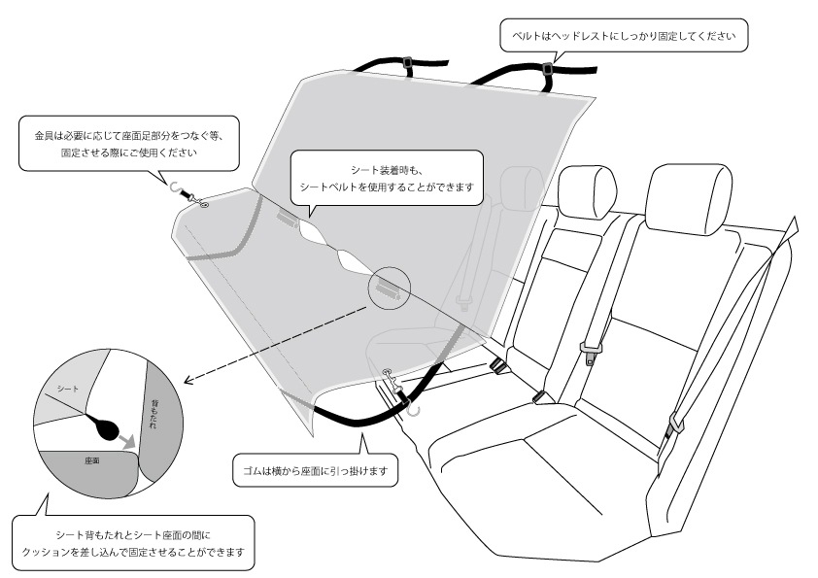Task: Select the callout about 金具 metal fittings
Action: (128, 144)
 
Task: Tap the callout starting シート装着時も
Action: (387, 176)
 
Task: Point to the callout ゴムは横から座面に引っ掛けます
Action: (315, 472)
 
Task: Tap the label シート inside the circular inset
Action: (67, 389)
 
